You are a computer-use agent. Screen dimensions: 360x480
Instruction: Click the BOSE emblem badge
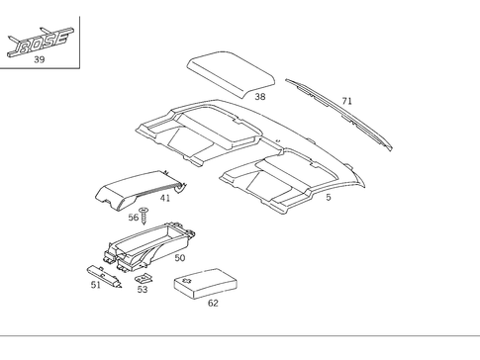pyautogui.click(x=39, y=43)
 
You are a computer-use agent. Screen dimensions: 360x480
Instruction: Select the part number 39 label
pyautogui.click(x=39, y=60)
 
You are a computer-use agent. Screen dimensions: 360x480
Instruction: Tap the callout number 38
pyautogui.click(x=259, y=97)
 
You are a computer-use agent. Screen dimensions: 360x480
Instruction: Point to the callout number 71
pyautogui.click(x=346, y=101)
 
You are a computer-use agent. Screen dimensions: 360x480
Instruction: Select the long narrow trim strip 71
pyautogui.click(x=336, y=112)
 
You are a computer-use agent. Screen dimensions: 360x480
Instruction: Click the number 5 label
pyautogui.click(x=328, y=198)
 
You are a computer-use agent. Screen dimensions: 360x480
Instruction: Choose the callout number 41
pyautogui.click(x=165, y=198)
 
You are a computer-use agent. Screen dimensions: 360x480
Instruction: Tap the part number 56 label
pyautogui.click(x=134, y=216)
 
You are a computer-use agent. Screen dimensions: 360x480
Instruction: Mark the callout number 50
pyautogui.click(x=179, y=257)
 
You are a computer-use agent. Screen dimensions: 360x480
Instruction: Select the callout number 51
pyautogui.click(x=95, y=285)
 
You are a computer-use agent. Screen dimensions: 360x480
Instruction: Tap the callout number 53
pyautogui.click(x=142, y=289)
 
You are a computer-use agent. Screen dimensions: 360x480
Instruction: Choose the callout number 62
pyautogui.click(x=213, y=304)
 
